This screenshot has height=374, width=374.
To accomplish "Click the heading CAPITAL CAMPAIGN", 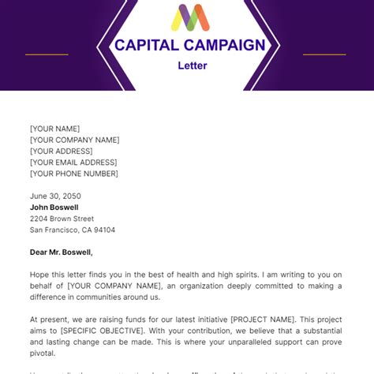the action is pyautogui.click(x=190, y=45).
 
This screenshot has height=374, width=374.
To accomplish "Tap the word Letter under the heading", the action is pyautogui.click(x=192, y=65).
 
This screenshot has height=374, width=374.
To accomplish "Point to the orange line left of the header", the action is pyautogui.click(x=47, y=54).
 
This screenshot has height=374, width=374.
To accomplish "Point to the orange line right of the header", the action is pyautogui.click(x=324, y=54).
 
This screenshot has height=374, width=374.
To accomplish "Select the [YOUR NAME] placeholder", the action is pyautogui.click(x=54, y=129).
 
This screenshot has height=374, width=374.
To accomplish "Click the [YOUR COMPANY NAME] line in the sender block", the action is pyautogui.click(x=75, y=140).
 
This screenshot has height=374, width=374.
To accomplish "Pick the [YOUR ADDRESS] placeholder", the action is pyautogui.click(x=61, y=151).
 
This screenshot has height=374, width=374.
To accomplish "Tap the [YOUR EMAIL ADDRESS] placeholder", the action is pyautogui.click(x=73, y=162).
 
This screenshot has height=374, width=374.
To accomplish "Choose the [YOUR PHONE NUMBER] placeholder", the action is pyautogui.click(x=74, y=174).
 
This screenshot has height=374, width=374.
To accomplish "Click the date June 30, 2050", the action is pyautogui.click(x=55, y=196).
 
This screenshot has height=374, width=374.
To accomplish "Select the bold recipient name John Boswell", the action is pyautogui.click(x=54, y=208).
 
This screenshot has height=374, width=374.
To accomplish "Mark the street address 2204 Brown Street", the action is pyautogui.click(x=62, y=219).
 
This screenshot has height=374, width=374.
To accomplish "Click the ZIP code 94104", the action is pyautogui.click(x=104, y=230).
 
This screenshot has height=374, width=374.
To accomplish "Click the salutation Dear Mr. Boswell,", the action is pyautogui.click(x=62, y=252).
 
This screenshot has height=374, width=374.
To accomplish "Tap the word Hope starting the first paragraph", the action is pyautogui.click(x=40, y=275).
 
